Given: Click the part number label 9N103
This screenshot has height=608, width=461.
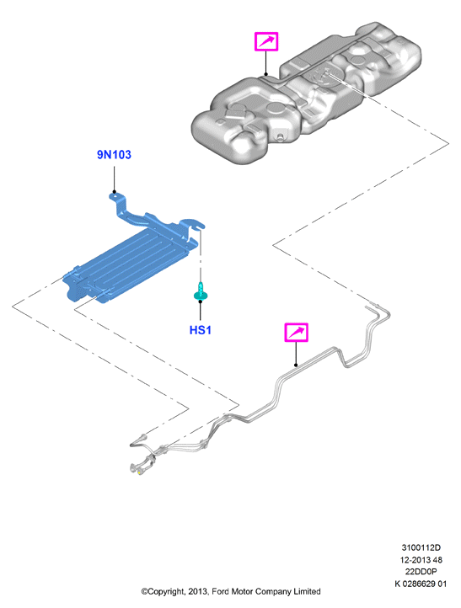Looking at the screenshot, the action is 114,155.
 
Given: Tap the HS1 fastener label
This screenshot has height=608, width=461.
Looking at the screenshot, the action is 201,330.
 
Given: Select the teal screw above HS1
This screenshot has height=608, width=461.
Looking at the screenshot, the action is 201,291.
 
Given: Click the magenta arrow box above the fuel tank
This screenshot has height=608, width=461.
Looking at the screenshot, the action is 266,41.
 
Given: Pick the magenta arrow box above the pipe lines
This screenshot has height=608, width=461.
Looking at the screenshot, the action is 297,333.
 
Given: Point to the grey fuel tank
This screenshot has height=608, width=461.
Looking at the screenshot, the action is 307,93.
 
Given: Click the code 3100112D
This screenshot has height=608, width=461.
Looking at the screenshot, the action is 421,548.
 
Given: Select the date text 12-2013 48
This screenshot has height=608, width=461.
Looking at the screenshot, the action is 421,560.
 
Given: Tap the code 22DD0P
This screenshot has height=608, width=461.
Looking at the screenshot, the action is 421,572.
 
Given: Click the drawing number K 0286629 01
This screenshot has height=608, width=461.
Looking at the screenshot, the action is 421,584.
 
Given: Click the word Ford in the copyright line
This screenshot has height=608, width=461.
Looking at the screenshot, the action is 221,592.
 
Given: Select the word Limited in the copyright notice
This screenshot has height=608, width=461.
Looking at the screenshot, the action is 307,592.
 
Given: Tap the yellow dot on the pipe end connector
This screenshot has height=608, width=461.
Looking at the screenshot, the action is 139,473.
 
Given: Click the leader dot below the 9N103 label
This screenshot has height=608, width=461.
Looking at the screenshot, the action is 114,191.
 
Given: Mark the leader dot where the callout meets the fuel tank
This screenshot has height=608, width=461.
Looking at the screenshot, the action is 266,74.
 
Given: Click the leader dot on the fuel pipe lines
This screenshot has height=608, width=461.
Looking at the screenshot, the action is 296,365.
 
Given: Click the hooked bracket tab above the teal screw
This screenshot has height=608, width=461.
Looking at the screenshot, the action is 194,224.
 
